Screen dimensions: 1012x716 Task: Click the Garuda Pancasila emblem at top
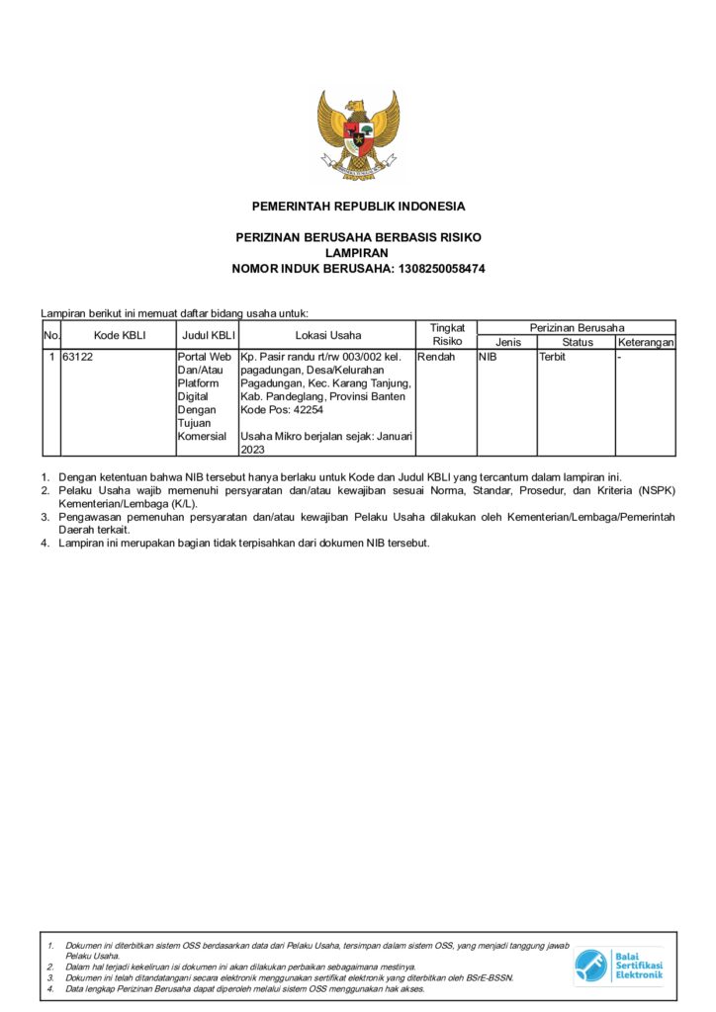point(357,134)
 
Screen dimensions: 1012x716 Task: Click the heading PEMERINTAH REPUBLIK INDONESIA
point(358,207)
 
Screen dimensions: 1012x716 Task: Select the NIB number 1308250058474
point(441,269)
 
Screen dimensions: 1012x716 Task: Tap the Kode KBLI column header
point(120,335)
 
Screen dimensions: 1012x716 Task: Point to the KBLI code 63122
point(78,357)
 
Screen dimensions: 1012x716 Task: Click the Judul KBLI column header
point(207,335)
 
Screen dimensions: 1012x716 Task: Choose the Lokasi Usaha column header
point(327,335)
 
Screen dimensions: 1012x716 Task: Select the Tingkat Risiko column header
point(447,334)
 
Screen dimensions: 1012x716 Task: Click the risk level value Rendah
point(436,357)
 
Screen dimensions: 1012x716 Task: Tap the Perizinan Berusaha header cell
point(577,327)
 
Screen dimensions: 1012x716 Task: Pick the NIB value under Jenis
point(488,357)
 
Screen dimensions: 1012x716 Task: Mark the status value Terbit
point(552,357)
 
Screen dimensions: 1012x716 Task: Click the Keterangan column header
point(645,342)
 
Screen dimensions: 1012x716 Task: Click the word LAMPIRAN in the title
point(358,253)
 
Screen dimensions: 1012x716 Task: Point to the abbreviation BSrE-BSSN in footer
point(489,977)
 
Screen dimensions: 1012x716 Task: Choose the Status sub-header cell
point(577,342)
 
